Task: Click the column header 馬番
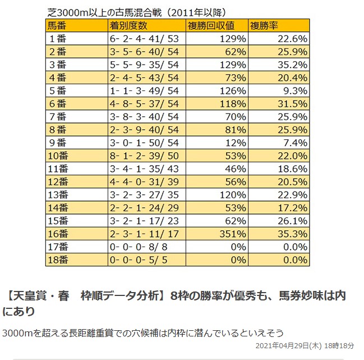coord(58,26)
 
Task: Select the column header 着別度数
coord(130,26)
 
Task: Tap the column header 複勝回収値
coord(213,26)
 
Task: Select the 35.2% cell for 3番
coord(292,64)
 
